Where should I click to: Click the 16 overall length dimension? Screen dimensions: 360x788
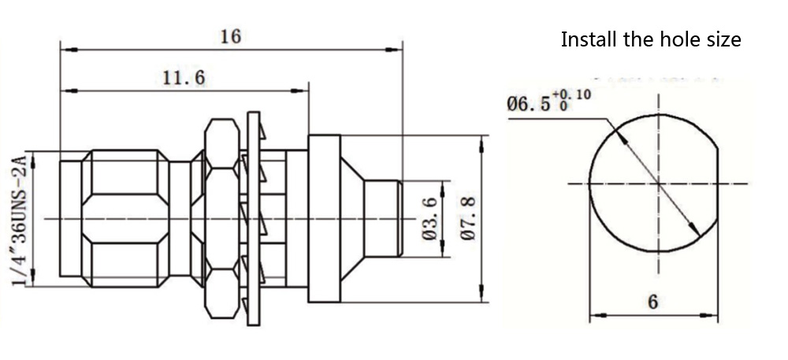[x=230, y=36]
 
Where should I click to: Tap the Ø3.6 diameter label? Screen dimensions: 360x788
[x=429, y=218]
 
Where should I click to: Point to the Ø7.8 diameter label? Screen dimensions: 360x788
[x=466, y=218]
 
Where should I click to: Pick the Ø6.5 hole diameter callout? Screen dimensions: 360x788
[x=527, y=103]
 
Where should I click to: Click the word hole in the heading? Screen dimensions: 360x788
[x=678, y=39]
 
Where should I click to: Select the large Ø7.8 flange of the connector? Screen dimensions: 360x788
[x=323, y=218]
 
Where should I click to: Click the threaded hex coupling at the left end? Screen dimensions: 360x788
[x=126, y=218]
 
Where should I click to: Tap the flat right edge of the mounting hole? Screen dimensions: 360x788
[x=718, y=184]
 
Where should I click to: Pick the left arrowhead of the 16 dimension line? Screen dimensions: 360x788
[x=65, y=50]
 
